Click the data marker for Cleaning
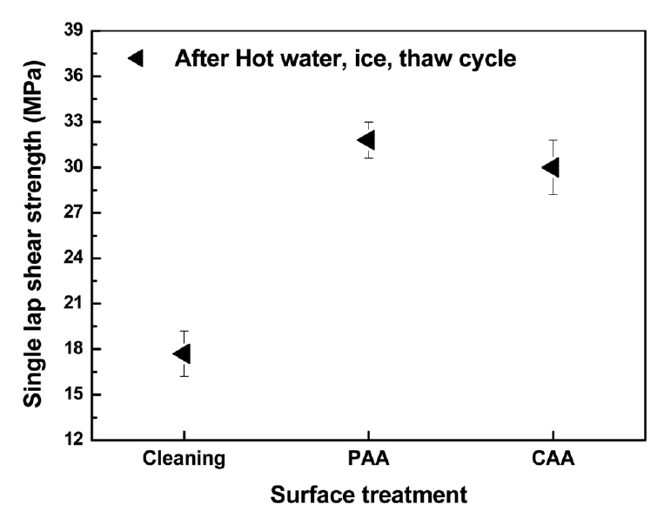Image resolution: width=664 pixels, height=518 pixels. (183, 353)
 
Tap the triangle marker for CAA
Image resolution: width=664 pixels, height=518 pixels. (551, 167)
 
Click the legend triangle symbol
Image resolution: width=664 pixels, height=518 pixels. (137, 58)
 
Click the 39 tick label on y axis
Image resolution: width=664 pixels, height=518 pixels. (74, 31)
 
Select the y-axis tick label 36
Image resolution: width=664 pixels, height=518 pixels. (74, 77)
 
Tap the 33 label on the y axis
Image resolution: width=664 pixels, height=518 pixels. (74, 122)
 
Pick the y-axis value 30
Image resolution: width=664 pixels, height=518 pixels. (74, 167)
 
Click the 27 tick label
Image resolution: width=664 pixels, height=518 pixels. (74, 213)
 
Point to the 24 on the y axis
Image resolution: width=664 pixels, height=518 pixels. (74, 259)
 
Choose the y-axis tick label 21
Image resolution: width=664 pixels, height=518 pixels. (74, 304)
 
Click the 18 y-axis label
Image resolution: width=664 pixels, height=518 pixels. (74, 349)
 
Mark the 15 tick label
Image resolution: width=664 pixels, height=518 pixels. (74, 395)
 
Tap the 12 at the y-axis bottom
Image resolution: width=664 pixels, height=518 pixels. (74, 441)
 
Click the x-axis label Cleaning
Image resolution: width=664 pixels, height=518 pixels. (184, 459)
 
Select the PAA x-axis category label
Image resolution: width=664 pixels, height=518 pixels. (367, 459)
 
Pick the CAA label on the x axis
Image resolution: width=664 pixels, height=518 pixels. (552, 459)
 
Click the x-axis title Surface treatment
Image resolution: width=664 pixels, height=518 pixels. (368, 495)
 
